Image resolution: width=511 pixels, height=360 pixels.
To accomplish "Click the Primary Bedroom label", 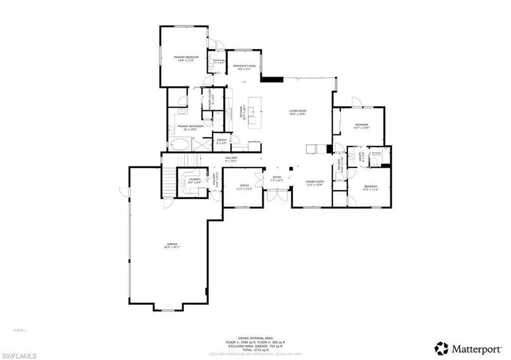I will [x=186, y=59].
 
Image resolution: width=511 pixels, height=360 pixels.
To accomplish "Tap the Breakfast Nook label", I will [x=245, y=67].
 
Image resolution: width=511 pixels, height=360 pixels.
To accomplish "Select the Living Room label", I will [x=298, y=113].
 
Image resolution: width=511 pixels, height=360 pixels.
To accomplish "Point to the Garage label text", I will [x=172, y=245].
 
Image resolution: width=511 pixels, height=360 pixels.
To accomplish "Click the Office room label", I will [x=245, y=187].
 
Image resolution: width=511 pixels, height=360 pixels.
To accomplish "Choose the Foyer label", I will [x=276, y=179].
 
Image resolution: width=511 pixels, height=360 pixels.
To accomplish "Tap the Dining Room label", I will [x=315, y=183].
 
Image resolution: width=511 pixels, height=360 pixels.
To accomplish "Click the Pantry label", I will [x=222, y=141].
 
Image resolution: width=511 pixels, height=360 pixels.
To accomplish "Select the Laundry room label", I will [x=195, y=181].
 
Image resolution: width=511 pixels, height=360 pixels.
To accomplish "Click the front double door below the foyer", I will [x=277, y=196].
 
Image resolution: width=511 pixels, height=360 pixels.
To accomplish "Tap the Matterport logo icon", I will [x=441, y=348].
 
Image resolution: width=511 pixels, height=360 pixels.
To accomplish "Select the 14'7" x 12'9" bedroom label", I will [x=361, y=126].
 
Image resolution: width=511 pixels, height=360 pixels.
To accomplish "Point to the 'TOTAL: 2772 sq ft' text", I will [x=255, y=350].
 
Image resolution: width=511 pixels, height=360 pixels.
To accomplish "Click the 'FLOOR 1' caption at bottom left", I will [x=19, y=330].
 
